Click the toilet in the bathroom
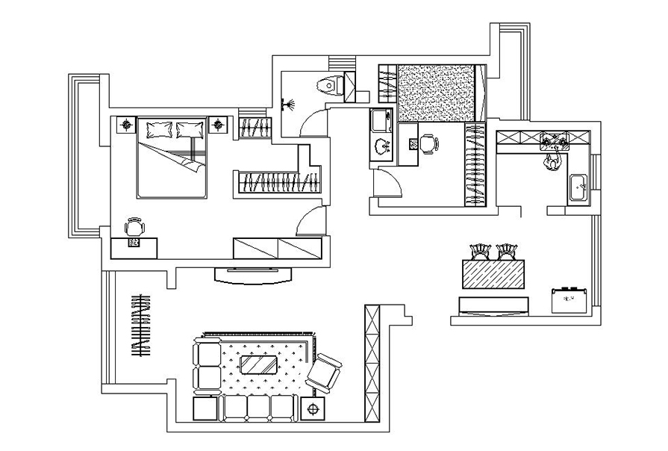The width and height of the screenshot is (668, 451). click(329, 85)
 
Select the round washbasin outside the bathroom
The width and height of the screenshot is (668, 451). click(383, 146)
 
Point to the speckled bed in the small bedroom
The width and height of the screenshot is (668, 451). click(437, 92)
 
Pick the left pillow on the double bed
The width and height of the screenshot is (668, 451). click(159, 130)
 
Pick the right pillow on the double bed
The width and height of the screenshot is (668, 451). click(189, 130)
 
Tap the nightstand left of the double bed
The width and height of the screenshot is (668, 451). click(125, 124)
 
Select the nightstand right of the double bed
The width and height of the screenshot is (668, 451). click(219, 124)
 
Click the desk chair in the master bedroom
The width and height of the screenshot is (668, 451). click(133, 227)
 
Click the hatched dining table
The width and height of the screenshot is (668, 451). click(493, 275)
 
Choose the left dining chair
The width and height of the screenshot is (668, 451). click(478, 252)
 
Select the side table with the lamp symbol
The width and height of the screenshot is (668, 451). click(312, 408)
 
